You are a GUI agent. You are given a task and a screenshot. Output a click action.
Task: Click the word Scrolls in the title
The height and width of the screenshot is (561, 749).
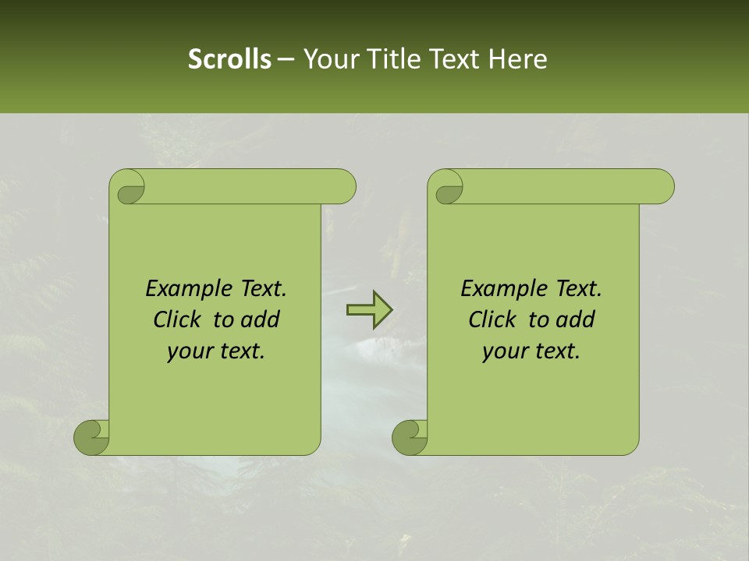(x=229, y=58)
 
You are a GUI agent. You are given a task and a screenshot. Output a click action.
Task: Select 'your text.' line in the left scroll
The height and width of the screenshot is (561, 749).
(x=216, y=351)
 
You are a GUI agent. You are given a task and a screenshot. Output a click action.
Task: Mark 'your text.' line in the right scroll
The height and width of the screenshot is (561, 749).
(x=531, y=351)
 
